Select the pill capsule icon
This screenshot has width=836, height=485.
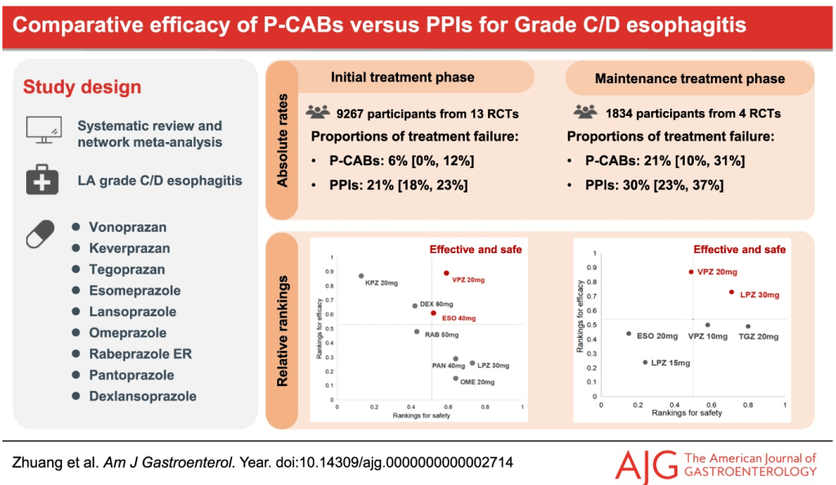(42, 234)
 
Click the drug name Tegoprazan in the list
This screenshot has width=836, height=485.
(127, 269)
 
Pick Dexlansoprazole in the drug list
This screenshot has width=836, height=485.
(143, 396)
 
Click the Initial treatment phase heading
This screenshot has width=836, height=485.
(402, 77)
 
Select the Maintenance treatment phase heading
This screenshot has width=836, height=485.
(690, 79)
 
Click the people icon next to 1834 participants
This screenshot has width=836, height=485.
(585, 113)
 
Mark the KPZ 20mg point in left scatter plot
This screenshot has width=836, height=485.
(361, 276)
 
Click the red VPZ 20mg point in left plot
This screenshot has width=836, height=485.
(446, 273)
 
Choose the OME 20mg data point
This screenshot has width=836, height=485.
(455, 378)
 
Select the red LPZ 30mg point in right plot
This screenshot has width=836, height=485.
(731, 291)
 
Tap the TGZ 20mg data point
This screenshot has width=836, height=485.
(748, 327)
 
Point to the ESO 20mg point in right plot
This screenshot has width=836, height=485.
(628, 333)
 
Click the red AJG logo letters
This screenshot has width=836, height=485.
(646, 465)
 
